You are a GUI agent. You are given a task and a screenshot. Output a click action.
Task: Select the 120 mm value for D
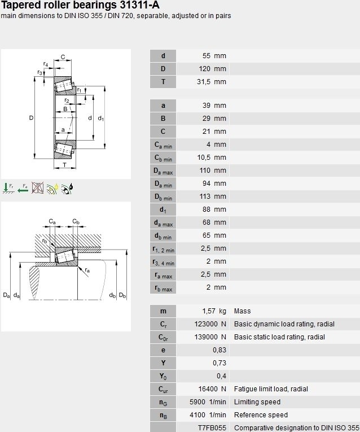(213, 69)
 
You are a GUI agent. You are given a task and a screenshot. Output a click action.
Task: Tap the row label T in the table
(163, 82)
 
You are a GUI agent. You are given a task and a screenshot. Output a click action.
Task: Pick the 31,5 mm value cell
(212, 82)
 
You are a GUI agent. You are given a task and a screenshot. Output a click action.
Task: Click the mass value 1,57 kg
(214, 311)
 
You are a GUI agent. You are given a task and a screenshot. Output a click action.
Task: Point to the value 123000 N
(210, 324)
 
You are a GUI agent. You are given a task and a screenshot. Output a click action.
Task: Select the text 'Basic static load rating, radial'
(279, 337)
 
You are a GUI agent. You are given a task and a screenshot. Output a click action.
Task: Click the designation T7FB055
(212, 428)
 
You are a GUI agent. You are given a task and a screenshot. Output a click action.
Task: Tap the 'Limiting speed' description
(257, 402)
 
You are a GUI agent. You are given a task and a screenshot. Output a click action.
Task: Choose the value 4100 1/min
(208, 415)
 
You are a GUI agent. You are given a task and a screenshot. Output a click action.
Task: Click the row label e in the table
(163, 350)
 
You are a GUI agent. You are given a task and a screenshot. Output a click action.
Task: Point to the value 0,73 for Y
(219, 363)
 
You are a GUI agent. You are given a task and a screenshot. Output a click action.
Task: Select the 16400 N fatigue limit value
(212, 389)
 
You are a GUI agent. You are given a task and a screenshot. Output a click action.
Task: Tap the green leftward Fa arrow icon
(23, 189)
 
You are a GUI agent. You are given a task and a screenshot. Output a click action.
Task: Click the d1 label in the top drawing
(101, 119)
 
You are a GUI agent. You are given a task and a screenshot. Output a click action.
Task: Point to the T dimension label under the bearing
(65, 165)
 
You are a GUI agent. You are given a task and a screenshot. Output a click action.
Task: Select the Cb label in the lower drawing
(76, 221)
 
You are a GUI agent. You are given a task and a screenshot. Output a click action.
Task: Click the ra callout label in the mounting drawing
(87, 270)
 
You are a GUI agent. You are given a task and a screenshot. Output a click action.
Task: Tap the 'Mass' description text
(242, 311)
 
